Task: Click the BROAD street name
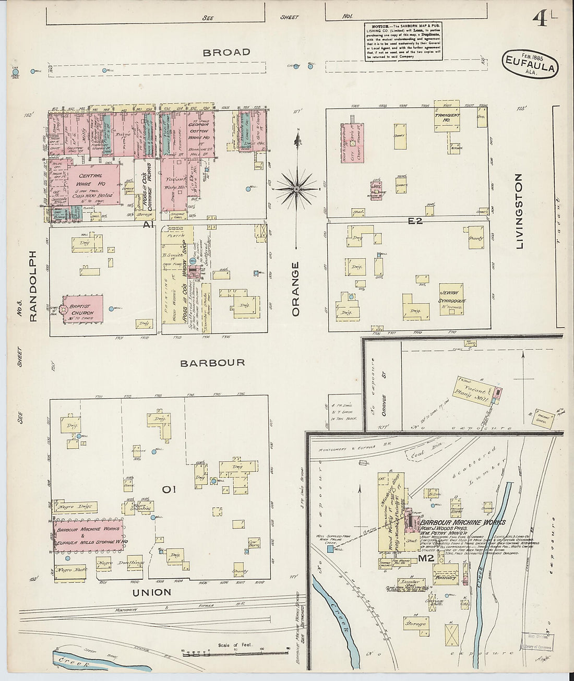(x=226, y=52)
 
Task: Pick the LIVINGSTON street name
(x=519, y=211)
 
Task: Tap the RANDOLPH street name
(x=33, y=286)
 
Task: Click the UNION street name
(x=151, y=592)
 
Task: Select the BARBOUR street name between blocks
(x=212, y=363)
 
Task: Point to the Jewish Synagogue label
(x=451, y=296)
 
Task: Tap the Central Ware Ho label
(x=92, y=181)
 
